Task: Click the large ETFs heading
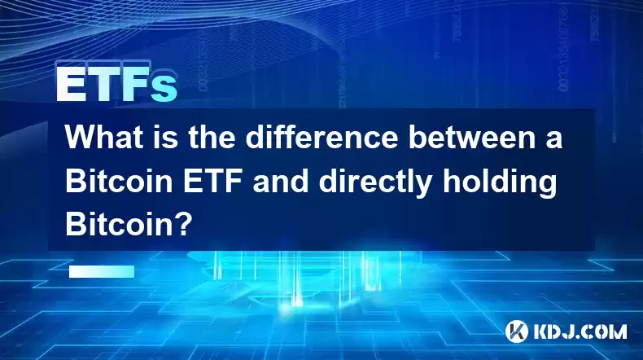click(x=117, y=84)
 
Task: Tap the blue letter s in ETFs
click(x=164, y=88)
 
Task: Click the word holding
click(x=499, y=182)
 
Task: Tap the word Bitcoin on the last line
click(x=119, y=224)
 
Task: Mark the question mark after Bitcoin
click(x=183, y=224)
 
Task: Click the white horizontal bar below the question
click(x=102, y=271)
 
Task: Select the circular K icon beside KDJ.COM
click(x=516, y=331)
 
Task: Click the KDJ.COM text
click(x=580, y=331)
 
